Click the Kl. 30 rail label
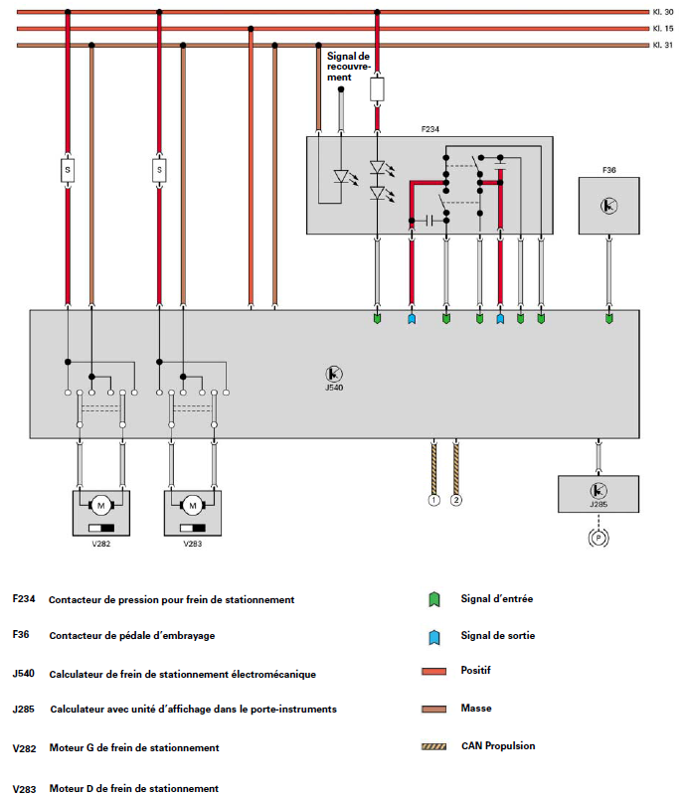(663, 12)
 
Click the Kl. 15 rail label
(663, 29)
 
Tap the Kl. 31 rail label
(663, 46)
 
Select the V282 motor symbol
(100, 504)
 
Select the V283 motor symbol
(192, 504)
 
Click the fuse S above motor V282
(68, 170)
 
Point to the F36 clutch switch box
(608, 206)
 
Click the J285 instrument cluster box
(598, 492)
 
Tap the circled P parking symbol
(598, 537)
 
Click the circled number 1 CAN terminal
(433, 500)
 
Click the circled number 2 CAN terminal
(456, 500)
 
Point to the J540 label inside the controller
(334, 389)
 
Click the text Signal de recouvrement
(348, 67)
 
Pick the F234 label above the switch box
(430, 129)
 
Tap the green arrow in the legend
(433, 599)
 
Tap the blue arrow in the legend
(433, 635)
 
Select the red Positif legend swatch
(433, 671)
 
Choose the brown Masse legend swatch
(433, 708)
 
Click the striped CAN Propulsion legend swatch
(433, 744)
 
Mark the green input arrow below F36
(608, 318)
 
